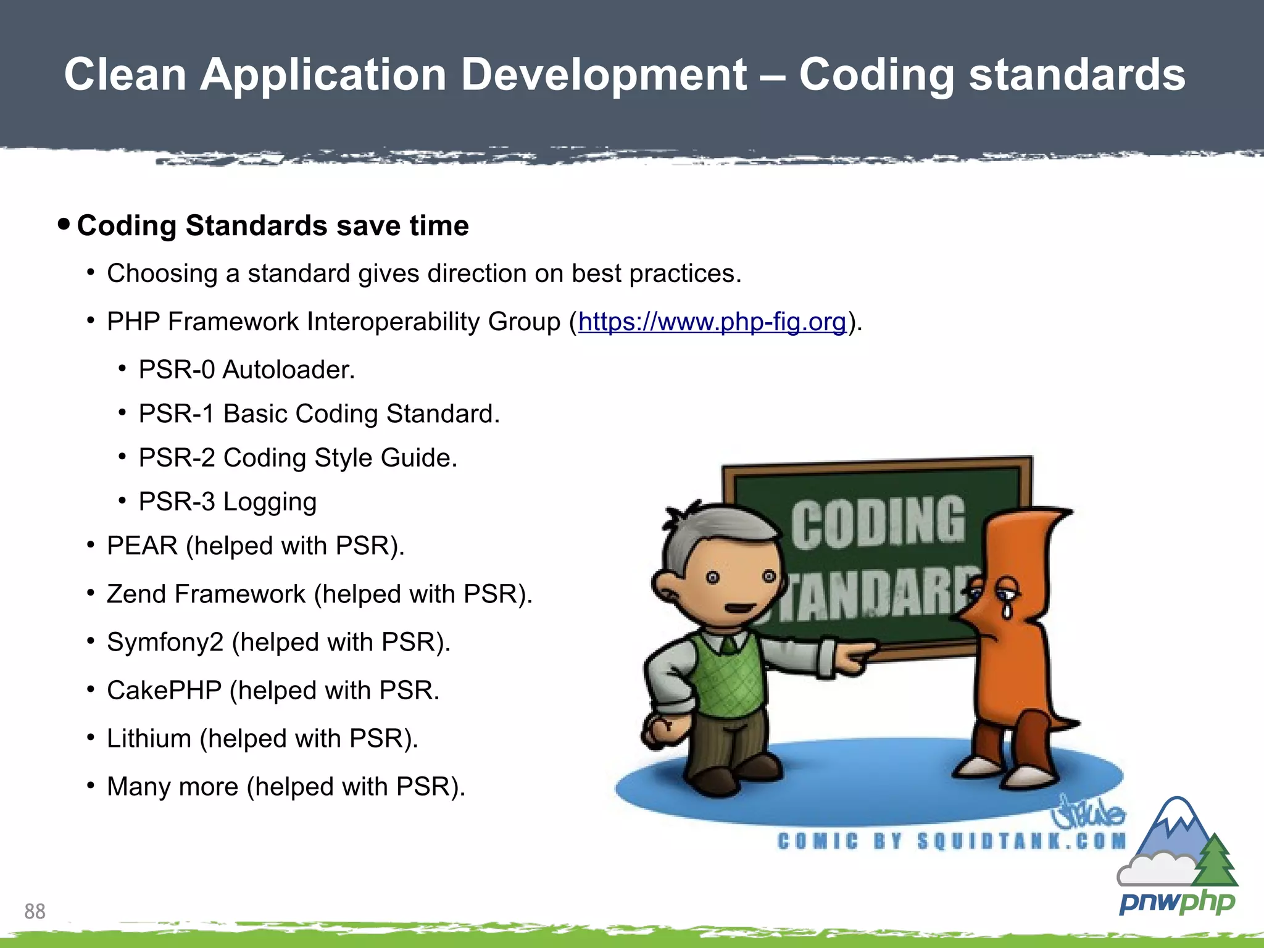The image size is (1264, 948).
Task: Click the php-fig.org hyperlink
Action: [x=712, y=322]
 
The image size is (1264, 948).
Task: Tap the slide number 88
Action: [x=35, y=911]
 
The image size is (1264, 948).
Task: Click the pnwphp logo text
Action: [x=1177, y=902]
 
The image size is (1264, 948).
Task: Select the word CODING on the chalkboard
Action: [x=878, y=523]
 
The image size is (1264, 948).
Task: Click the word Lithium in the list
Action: [x=149, y=739]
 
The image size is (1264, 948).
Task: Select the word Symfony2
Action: [x=165, y=642]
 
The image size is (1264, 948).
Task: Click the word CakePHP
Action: [x=164, y=691]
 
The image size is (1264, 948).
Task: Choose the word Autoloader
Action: [x=288, y=370]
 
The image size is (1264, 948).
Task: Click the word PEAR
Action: [x=142, y=546]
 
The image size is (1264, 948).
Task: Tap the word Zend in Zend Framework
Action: [x=136, y=594]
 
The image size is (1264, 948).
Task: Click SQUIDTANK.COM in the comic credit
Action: [x=1021, y=841]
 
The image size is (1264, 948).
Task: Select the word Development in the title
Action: [x=604, y=75]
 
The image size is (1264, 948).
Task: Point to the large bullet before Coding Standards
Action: [x=64, y=223]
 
